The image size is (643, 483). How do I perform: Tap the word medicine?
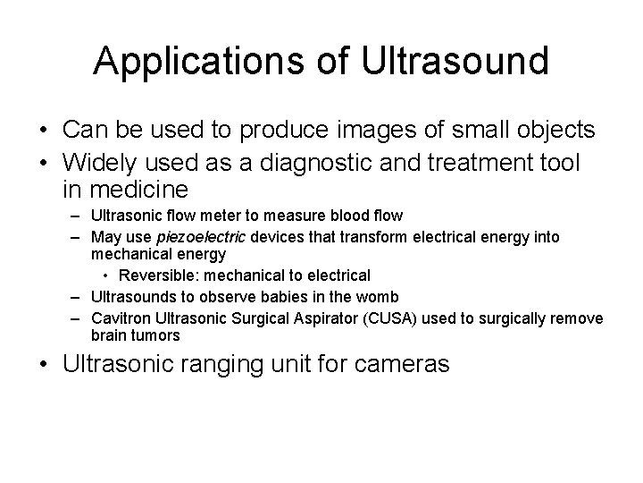[x=138, y=190]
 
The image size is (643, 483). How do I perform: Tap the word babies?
[x=277, y=296]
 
